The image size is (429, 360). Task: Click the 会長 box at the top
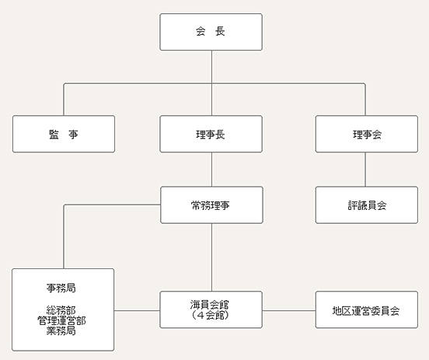pos(211,32)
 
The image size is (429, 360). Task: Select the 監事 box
pos(64,134)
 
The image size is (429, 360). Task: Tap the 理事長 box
pos(211,134)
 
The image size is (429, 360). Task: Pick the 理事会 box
pos(367,134)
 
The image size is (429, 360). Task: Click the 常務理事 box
pos(211,205)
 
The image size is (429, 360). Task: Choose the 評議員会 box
pos(367,205)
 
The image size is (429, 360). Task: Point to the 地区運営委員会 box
pos(367,309)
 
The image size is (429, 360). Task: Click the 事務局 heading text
pos(61,288)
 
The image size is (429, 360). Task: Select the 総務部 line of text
pos(61,310)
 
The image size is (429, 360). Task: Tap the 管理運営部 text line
pos(61,320)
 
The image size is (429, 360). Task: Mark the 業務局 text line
pos(61,330)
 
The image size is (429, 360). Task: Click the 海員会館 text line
pos(210,305)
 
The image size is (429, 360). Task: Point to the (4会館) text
pos(210,315)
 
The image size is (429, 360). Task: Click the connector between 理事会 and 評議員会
pos(365,170)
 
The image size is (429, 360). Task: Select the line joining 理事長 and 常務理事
pos(211,170)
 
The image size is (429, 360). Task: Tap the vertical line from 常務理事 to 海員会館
pos(211,257)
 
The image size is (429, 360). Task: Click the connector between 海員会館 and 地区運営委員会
pos(289,310)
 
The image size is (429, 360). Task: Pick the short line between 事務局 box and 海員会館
pos(137,310)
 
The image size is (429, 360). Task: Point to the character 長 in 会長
pos(220,31)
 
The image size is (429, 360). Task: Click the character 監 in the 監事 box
pos(54,135)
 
